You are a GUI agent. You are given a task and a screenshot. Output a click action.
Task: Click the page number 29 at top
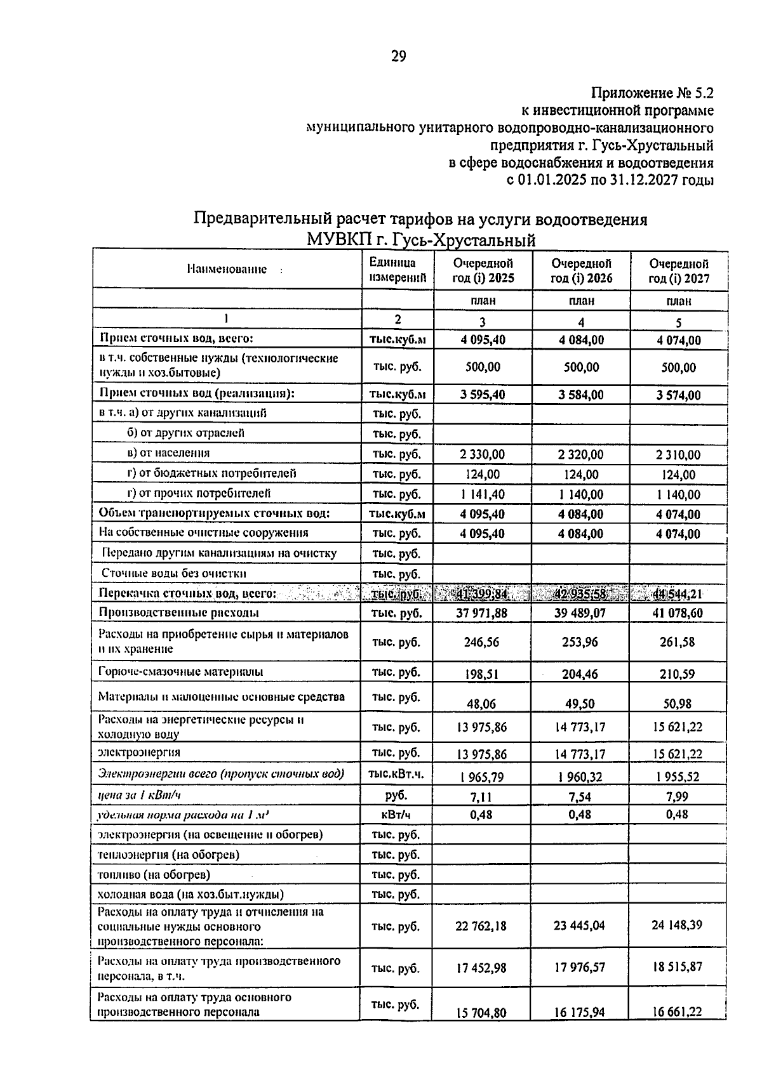coord(398,56)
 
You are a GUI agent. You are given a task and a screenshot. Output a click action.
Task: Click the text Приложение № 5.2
coord(652,93)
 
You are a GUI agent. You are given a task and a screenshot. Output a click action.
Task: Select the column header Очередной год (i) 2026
coord(581,271)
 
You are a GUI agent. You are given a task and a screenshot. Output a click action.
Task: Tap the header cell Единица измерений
coord(398,270)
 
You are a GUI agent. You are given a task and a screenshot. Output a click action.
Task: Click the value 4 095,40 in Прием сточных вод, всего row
coord(483,340)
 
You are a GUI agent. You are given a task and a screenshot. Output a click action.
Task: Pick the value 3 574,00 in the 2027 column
coord(679,395)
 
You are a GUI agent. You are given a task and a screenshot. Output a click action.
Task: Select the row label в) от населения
coord(168,453)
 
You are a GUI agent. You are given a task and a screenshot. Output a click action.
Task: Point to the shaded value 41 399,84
coord(483,595)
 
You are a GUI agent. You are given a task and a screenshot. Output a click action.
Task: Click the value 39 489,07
coord(581,614)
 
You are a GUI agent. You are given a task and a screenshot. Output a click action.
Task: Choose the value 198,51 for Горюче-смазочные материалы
coord(481,675)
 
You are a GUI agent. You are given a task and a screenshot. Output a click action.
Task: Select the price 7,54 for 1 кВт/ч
coord(580,796)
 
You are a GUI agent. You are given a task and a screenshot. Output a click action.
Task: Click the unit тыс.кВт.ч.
coord(397,774)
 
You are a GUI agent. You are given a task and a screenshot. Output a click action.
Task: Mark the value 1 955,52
coord(678,777)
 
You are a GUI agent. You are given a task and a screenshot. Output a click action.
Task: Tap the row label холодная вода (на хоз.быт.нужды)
coord(190,895)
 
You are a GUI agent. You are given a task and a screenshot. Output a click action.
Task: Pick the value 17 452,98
coord(482,968)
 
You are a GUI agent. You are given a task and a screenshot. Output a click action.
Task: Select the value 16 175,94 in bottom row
coord(580,1013)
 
